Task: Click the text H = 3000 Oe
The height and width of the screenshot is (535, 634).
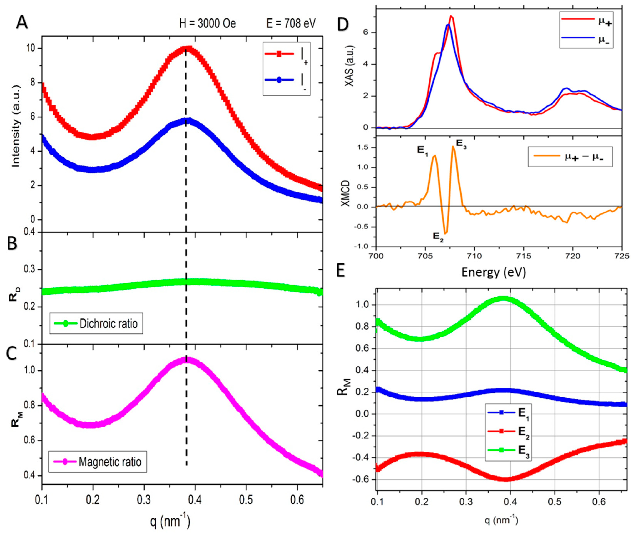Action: coord(207,23)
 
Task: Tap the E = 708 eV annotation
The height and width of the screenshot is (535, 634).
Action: coord(291,23)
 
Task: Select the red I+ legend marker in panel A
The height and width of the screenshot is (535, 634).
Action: coord(279,54)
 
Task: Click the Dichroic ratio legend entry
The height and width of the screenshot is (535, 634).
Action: coord(108,324)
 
